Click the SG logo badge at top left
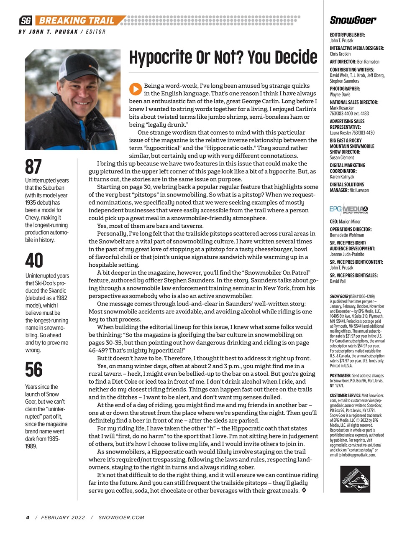pyautogui.click(x=26, y=20)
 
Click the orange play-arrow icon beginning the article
pyautogui.click(x=135, y=89)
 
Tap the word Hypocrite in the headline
pyautogui.click(x=161, y=57)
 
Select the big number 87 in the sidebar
pyautogui.click(x=33, y=166)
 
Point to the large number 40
pyautogui.click(x=34, y=261)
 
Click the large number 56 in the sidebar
pyautogui.click(x=34, y=369)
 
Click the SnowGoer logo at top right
pyautogui.click(x=353, y=20)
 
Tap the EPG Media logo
pyautogui.click(x=349, y=209)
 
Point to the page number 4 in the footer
pyautogui.click(x=28, y=517)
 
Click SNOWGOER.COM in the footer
pyautogui.click(x=121, y=517)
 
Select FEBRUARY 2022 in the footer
pyautogui.click(x=63, y=517)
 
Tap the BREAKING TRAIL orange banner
pyautogui.click(x=79, y=20)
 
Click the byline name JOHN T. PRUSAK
pyautogui.click(x=53, y=32)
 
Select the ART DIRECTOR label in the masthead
pyautogui.click(x=343, y=61)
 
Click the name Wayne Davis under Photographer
pyautogui.click(x=340, y=94)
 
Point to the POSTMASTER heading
pyautogui.click(x=340, y=376)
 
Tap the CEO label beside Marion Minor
pyautogui.click(x=334, y=222)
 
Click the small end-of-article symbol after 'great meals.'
pyautogui.click(x=304, y=490)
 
